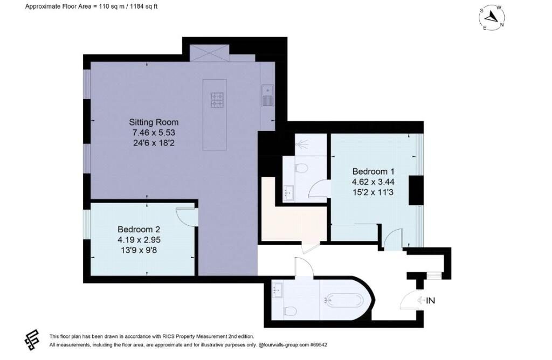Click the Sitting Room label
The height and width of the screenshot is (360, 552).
pyautogui.click(x=153, y=122)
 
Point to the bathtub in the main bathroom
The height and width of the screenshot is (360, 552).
pyautogui.click(x=344, y=298)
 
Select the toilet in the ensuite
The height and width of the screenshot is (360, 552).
pyautogui.click(x=301, y=169)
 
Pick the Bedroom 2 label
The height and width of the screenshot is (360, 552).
pyautogui.click(x=139, y=229)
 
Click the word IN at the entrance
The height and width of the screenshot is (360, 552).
pyautogui.click(x=430, y=301)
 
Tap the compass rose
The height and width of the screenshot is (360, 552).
pyautogui.click(x=491, y=18)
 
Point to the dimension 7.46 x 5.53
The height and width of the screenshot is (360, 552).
pyautogui.click(x=153, y=133)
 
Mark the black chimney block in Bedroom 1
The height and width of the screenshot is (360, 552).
pyautogui.click(x=416, y=190)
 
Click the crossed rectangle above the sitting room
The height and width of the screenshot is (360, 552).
pyautogui.click(x=208, y=53)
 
